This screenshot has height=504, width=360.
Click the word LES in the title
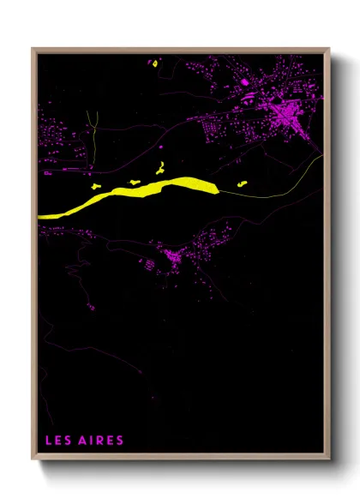point(57,441)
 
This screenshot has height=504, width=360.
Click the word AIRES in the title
point(102,441)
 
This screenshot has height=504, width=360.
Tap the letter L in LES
point(48,441)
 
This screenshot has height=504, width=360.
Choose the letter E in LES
point(57,441)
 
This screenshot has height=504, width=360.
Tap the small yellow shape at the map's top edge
point(155,62)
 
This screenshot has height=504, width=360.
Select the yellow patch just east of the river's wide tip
point(242,183)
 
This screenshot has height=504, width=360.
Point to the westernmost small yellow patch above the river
point(96,183)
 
